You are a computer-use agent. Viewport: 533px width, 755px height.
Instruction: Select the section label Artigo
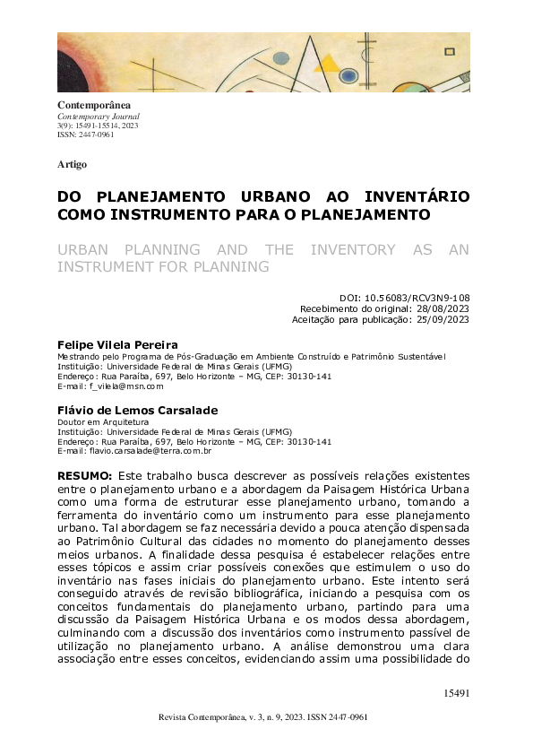[x=72, y=164]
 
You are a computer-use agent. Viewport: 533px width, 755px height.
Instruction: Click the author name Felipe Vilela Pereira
[x=117, y=344]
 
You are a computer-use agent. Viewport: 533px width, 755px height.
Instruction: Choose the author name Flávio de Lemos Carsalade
[x=137, y=410]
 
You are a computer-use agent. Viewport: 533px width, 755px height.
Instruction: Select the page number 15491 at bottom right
[x=457, y=693]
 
